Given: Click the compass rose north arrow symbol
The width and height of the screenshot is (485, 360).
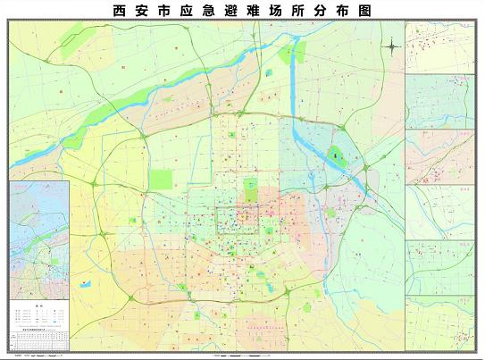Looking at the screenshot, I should tap(393, 46).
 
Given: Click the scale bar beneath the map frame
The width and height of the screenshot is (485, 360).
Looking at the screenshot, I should tap(241, 355).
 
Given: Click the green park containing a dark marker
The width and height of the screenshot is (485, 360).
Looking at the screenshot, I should tap(336, 155).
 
